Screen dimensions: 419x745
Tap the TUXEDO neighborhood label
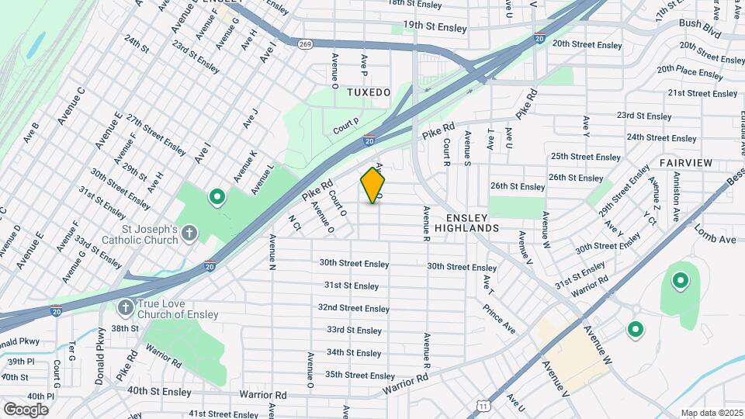369,92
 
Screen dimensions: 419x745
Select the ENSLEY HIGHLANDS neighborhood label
466,223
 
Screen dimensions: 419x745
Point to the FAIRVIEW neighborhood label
685,163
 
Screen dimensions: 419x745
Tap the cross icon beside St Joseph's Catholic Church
190,233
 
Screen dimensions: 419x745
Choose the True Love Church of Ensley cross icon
124,308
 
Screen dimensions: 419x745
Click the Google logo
26,409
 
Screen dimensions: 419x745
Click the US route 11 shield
484,406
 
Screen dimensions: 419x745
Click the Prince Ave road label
499,318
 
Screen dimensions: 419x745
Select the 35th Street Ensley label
360,376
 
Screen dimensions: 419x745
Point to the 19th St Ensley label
440,28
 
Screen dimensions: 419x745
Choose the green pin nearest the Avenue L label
217,198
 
